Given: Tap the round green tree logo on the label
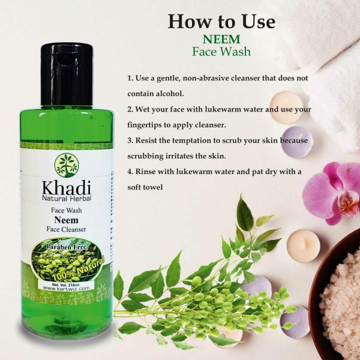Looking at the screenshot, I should [67, 166].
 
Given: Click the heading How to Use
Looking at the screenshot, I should [221, 22].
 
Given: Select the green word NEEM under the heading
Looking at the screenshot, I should [221, 39].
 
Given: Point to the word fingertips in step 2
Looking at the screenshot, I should [148, 125].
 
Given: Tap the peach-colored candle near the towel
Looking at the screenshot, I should [286, 107].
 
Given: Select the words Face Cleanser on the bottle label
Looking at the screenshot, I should [67, 229].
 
